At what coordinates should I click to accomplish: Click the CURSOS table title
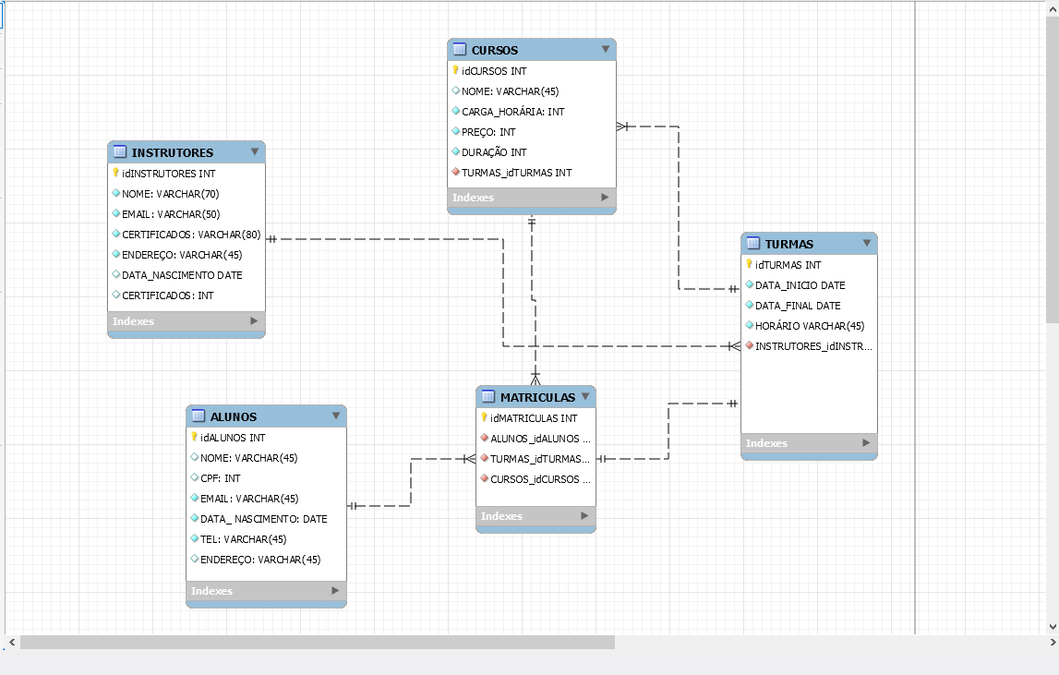[x=494, y=50]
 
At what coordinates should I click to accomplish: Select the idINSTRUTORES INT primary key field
[x=169, y=174]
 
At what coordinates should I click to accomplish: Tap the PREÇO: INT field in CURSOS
[x=488, y=132]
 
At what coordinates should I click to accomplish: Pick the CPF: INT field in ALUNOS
[x=221, y=478]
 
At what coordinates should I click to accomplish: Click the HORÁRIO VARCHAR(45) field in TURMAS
[x=809, y=326]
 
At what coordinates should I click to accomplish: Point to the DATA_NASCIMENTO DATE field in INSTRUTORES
[x=182, y=275]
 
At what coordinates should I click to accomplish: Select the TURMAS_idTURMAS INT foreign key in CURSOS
[x=516, y=173]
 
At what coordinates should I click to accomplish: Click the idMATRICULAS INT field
[x=534, y=418]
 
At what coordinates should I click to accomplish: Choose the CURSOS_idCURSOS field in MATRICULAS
[x=540, y=479]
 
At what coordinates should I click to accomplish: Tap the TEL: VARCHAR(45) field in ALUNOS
[x=244, y=539]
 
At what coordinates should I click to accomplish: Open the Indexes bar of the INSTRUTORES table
[x=186, y=321]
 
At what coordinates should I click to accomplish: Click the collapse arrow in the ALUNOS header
[x=335, y=416]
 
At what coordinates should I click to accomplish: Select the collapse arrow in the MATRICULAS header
[x=585, y=397]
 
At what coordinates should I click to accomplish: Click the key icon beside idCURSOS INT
[x=456, y=70]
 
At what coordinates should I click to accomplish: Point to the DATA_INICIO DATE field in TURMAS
[x=800, y=285]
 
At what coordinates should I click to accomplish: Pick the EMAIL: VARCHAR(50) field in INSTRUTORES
[x=170, y=214]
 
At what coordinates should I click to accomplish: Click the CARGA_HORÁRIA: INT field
[x=512, y=112]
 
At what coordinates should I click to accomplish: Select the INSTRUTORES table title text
[x=172, y=152]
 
